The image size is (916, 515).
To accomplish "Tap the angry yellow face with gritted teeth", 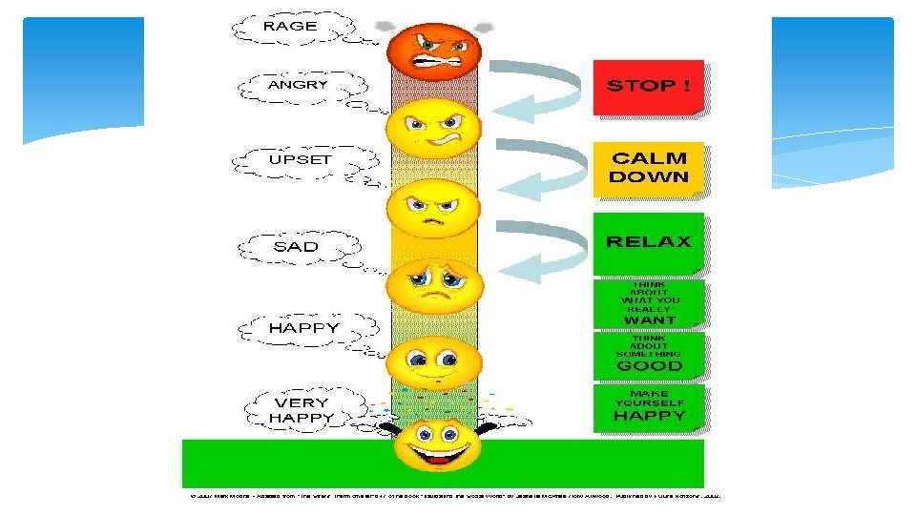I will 434,128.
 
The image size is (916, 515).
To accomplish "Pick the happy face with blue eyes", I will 434,362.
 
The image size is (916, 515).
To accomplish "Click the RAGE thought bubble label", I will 290,27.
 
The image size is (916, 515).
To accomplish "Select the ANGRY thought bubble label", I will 298,86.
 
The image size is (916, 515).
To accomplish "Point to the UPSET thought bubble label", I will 300,159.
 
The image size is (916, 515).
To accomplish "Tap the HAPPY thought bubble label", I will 303,327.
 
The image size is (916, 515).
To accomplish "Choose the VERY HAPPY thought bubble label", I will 303,410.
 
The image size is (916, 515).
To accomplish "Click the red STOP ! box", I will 649,87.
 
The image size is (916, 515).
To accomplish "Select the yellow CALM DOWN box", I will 649,169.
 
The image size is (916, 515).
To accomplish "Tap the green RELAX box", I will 649,242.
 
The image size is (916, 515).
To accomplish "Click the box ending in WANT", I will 649,303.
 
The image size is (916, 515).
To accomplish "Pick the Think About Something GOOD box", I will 649,354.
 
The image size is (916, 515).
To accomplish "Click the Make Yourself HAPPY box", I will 649,406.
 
